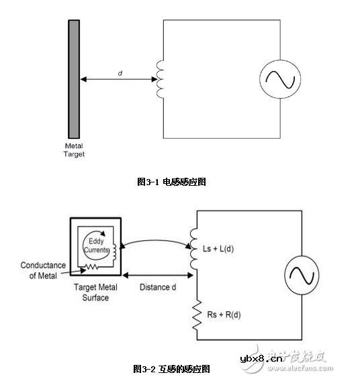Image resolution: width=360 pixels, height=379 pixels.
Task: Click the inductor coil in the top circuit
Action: point(160,80)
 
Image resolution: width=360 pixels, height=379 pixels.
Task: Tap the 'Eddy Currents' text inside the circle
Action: point(95,246)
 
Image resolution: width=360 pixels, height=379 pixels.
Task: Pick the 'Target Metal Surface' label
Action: point(96,292)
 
